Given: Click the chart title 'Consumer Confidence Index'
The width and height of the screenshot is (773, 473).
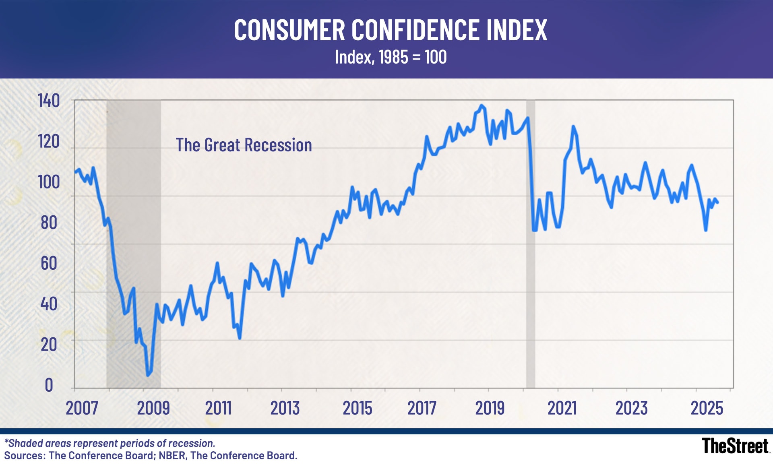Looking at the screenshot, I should [x=390, y=30].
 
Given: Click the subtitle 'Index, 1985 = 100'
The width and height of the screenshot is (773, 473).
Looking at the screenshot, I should [x=390, y=57].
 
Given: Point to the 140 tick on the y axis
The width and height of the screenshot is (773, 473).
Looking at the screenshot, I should [x=49, y=101].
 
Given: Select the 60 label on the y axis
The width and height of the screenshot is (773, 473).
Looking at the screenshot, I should [x=49, y=263].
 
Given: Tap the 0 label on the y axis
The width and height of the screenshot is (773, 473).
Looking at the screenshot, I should [x=49, y=385].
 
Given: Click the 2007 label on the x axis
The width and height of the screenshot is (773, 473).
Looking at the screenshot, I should [x=82, y=408].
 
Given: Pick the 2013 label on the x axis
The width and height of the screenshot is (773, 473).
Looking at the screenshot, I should [x=285, y=408].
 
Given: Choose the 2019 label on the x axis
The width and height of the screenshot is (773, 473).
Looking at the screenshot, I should [x=490, y=408].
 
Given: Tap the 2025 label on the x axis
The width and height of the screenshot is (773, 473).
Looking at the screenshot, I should [x=707, y=408].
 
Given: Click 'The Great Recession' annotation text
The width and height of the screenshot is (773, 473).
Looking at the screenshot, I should [x=244, y=145].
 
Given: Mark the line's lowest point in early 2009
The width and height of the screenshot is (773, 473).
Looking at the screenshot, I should [x=148, y=375].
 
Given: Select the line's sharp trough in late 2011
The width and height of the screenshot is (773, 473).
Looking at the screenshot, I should [x=240, y=338].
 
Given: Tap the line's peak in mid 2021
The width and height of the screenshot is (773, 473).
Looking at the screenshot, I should [x=573, y=127].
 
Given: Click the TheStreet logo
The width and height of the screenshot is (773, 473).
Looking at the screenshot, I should [x=735, y=446].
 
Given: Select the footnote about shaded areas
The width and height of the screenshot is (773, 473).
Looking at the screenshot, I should [x=110, y=443].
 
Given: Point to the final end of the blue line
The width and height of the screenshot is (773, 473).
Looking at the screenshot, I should [x=717, y=202].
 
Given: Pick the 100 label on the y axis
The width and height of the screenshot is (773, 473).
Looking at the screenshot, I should [x=49, y=182].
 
